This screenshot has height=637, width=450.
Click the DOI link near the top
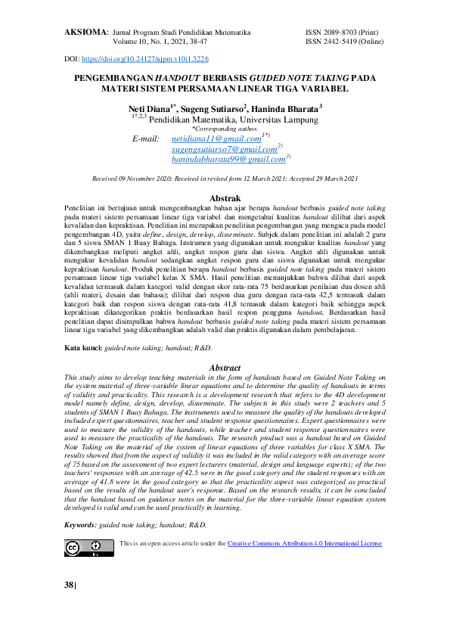(x=144, y=58)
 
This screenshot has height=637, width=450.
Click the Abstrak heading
(x=225, y=197)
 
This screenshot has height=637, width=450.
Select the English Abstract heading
(x=225, y=368)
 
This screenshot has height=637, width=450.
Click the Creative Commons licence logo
(x=84, y=548)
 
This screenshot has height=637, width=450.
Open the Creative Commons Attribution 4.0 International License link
(x=305, y=543)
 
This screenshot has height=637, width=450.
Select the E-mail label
(x=146, y=140)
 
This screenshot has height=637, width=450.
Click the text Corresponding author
(x=225, y=129)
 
